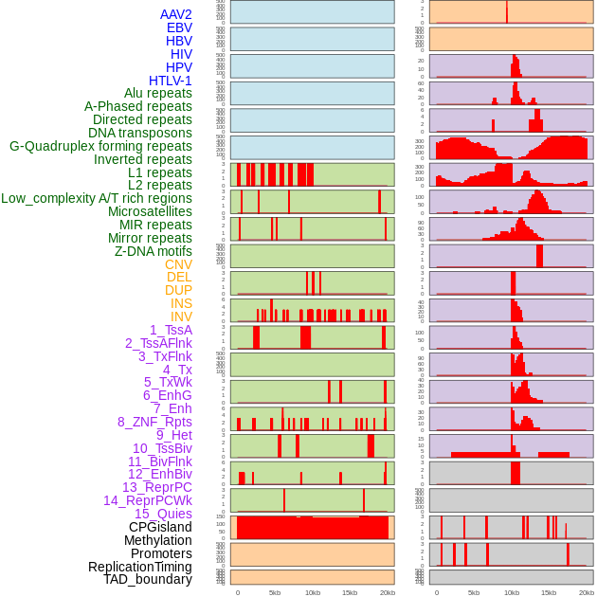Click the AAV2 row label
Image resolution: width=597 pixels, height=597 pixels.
(175, 14)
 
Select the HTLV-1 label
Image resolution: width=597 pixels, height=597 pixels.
(170, 81)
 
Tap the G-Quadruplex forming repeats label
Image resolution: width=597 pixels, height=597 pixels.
(100, 146)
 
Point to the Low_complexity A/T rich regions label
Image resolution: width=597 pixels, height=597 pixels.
(97, 198)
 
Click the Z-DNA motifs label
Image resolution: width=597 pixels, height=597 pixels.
(154, 251)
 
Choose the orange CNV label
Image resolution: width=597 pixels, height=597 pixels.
(178, 264)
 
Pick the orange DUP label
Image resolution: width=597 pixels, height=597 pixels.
(178, 290)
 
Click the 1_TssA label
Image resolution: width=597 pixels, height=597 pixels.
(171, 330)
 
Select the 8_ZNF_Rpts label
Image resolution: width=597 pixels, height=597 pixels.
(154, 422)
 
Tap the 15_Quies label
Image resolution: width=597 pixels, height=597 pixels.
(163, 514)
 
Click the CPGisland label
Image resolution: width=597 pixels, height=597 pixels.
(160, 527)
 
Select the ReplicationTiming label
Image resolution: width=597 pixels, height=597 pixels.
(140, 567)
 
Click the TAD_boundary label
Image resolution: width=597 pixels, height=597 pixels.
(148, 579)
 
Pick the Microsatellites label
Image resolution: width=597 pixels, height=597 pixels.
(150, 211)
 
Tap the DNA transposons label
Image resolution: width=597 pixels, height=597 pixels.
(140, 133)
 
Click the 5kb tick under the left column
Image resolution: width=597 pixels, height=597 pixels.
(275, 592)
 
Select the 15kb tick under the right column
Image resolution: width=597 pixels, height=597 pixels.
(549, 592)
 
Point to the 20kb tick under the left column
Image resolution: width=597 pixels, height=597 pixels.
(387, 592)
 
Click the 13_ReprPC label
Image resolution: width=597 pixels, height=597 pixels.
(156, 487)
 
